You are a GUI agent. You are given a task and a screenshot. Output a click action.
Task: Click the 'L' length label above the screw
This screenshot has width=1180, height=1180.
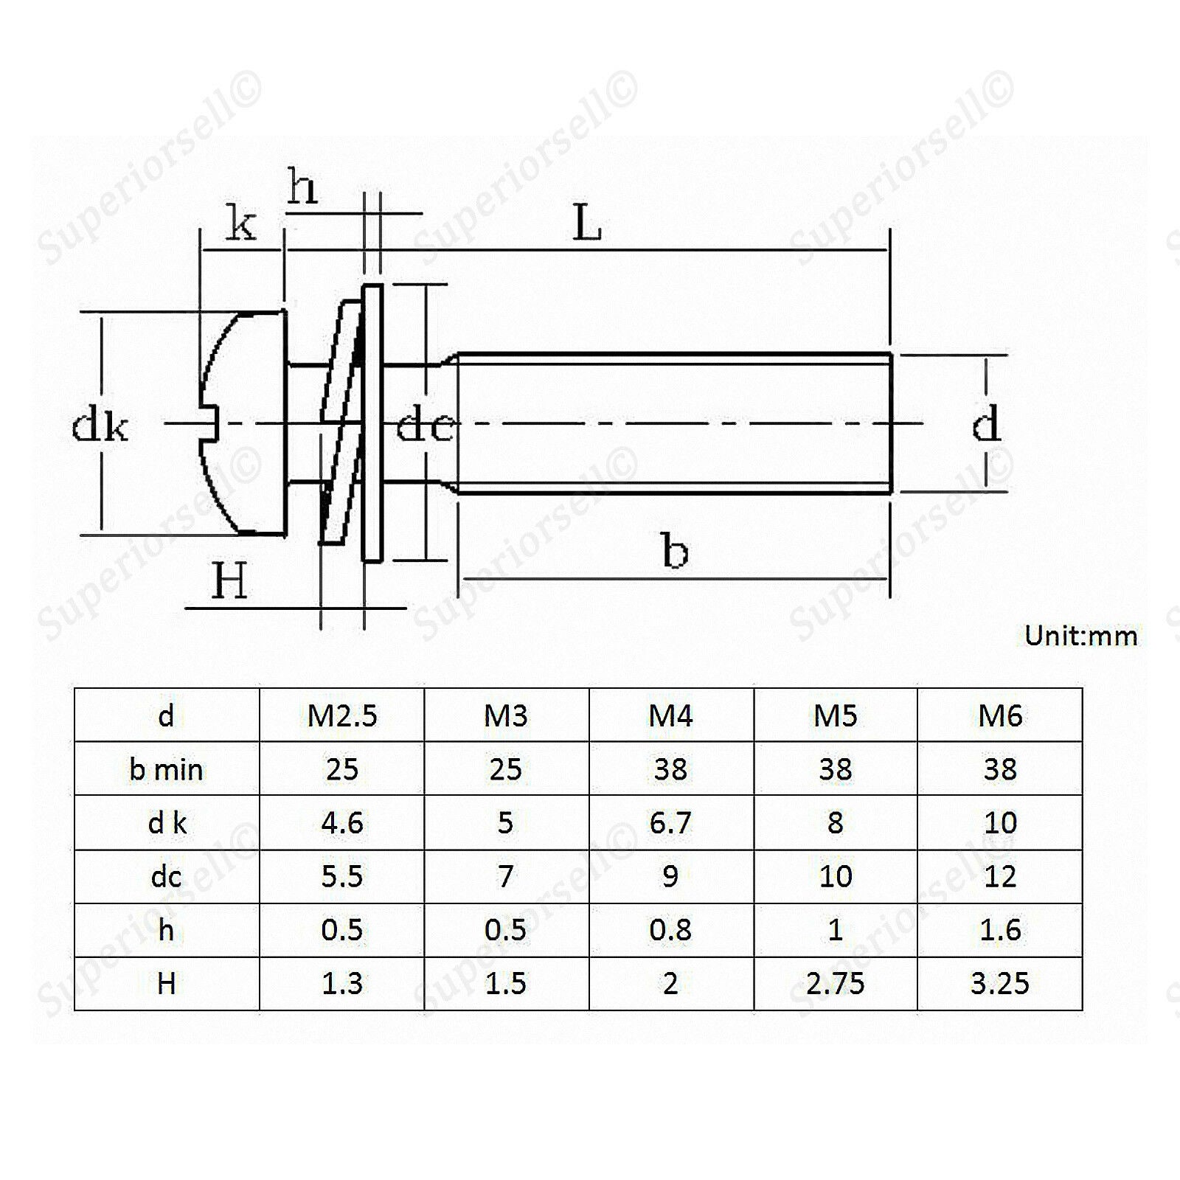[587, 223]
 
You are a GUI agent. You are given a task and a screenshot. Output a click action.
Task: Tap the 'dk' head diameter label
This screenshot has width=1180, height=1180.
[100, 426]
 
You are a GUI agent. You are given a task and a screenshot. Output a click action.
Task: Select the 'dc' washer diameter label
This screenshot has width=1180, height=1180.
[424, 425]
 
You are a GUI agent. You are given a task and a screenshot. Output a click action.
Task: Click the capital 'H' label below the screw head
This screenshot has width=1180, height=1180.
[229, 581]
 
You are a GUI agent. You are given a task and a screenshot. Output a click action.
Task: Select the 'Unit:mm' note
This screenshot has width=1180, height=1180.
[1080, 635]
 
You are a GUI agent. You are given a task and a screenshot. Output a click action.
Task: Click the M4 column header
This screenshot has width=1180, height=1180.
[670, 715]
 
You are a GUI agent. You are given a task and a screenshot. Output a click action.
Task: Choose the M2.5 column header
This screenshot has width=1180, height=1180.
[342, 715]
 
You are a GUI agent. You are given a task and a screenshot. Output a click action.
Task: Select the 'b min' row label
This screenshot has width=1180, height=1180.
[166, 769]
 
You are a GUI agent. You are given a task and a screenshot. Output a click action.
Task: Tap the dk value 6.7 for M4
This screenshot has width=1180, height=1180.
[670, 822]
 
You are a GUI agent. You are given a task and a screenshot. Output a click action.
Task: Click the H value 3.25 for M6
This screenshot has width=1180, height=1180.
[999, 983]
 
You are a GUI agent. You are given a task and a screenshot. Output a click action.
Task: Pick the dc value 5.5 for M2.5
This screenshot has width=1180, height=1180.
[342, 876]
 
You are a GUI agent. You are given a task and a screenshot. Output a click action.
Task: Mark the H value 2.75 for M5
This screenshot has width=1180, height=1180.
[835, 983]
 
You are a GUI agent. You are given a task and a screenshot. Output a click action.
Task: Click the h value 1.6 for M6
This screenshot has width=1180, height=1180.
[1000, 930]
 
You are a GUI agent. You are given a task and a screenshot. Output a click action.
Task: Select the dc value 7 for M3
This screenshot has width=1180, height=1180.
[506, 876]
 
